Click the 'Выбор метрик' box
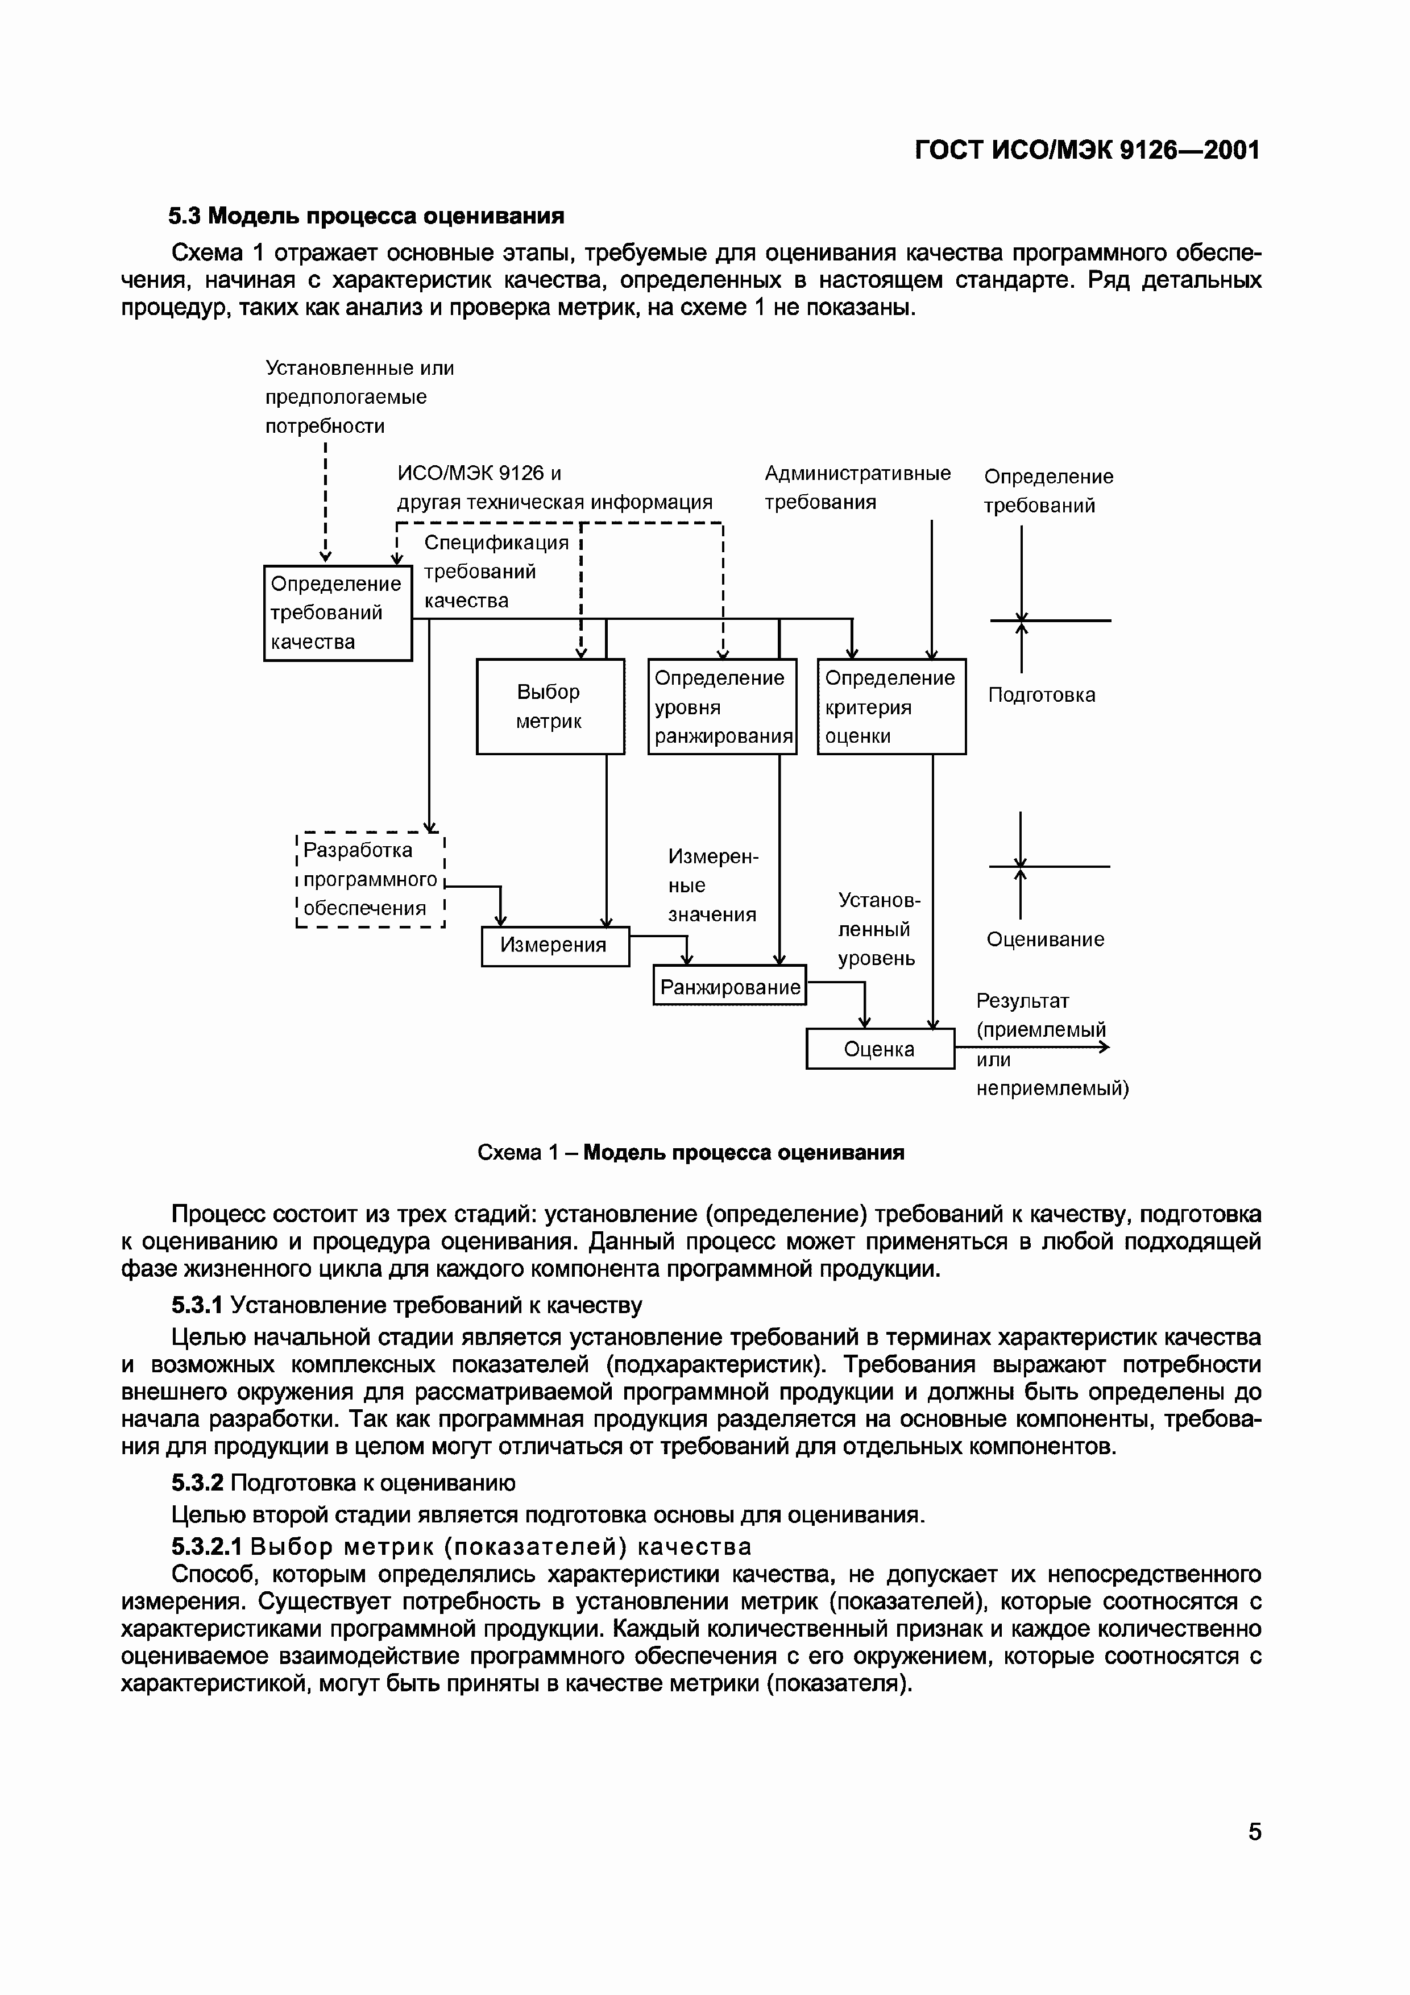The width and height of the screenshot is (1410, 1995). click(x=550, y=706)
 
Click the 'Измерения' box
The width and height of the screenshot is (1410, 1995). click(x=554, y=945)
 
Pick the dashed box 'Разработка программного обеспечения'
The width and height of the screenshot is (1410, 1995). click(x=370, y=879)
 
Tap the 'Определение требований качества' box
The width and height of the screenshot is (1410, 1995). click(x=337, y=612)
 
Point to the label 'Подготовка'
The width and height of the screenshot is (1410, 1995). click(x=1041, y=695)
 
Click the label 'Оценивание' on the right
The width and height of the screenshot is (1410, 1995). click(x=1044, y=939)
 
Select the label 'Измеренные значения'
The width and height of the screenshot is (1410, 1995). click(x=712, y=885)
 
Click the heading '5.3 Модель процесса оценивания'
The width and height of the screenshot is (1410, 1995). click(x=366, y=216)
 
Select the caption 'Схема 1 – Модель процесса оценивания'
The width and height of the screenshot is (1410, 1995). click(x=691, y=1152)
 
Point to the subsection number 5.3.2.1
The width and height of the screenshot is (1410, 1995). click(x=206, y=1547)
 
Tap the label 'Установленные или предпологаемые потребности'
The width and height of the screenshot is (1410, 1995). click(x=359, y=397)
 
